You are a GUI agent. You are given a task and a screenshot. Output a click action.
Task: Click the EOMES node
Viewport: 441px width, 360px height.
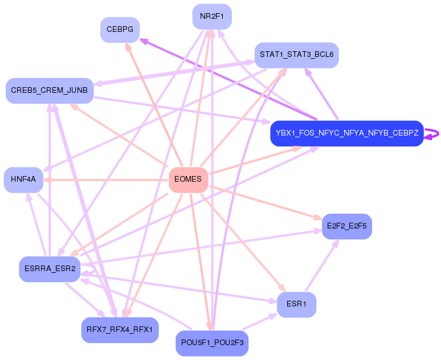pyautogui.click(x=188, y=179)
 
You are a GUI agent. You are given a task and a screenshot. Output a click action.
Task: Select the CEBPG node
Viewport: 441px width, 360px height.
pyautogui.click(x=120, y=30)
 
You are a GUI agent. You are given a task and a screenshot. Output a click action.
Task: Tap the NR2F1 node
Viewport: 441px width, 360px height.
pyautogui.click(x=212, y=17)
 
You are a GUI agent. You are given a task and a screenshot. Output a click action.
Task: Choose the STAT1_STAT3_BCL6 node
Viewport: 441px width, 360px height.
pyautogui.click(x=296, y=55)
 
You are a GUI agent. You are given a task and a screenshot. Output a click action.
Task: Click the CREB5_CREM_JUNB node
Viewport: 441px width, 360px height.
pyautogui.click(x=49, y=91)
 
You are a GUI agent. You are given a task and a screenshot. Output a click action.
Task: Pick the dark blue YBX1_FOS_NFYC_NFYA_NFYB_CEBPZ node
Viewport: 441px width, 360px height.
pyautogui.click(x=346, y=133)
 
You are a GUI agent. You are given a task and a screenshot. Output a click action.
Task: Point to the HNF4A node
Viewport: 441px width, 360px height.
pyautogui.click(x=23, y=179)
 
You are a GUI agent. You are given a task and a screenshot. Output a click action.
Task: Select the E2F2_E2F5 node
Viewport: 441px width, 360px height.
pyautogui.click(x=346, y=226)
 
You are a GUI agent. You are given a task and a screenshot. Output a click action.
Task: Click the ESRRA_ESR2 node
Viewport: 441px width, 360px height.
pyautogui.click(x=50, y=268)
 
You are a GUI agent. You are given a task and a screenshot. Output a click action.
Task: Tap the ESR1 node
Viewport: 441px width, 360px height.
pyautogui.click(x=296, y=304)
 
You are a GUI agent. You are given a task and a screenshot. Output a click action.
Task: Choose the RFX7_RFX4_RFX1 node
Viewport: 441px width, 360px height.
pyautogui.click(x=120, y=330)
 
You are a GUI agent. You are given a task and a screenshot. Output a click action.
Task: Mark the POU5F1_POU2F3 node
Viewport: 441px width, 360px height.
pyautogui.click(x=212, y=343)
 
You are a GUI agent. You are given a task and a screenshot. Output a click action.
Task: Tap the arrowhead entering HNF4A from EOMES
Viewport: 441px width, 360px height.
pyautogui.click(x=47, y=179)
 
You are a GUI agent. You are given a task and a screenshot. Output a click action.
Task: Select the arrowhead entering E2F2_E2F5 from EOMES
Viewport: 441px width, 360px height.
pyautogui.click(x=318, y=218)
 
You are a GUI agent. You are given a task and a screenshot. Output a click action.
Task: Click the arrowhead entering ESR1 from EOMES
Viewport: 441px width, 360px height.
pyautogui.click(x=281, y=289)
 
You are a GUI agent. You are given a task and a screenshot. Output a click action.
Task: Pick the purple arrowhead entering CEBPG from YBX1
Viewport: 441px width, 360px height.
pyautogui.click(x=143, y=40)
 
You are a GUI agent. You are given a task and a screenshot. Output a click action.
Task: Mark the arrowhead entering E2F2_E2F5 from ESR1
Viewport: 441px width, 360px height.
pyautogui.click(x=336, y=243)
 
